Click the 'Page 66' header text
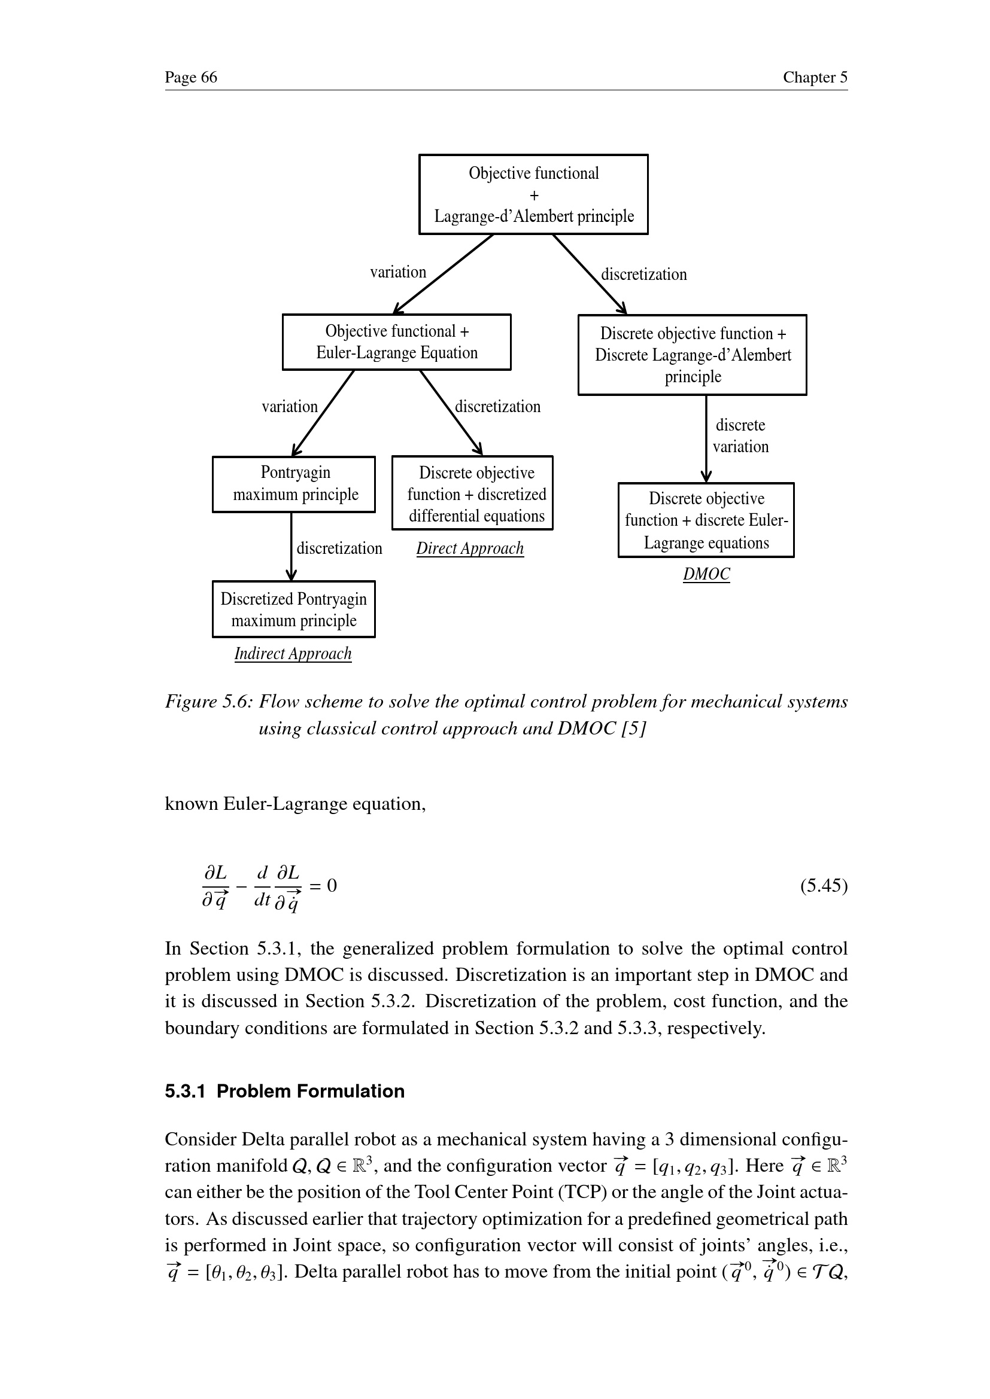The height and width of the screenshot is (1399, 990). tap(191, 77)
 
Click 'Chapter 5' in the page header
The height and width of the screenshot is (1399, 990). tap(815, 77)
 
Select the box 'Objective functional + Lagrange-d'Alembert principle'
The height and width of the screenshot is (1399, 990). tap(533, 194)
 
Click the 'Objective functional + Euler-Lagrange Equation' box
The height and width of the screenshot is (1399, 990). tap(396, 342)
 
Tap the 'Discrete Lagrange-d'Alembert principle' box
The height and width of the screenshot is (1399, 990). tap(692, 355)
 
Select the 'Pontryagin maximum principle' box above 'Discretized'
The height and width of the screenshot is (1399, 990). tap(294, 484)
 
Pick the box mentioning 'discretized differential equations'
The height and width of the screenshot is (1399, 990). tap(472, 493)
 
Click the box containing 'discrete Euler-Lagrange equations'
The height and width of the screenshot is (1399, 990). tap(706, 520)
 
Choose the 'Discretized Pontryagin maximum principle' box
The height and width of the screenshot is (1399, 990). tap(294, 609)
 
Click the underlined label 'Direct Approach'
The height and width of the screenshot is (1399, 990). tap(470, 548)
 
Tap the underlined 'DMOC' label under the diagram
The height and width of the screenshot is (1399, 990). tap(706, 574)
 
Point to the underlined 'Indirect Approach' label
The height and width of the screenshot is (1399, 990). tap(293, 654)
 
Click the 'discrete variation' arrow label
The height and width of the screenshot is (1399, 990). tap(740, 435)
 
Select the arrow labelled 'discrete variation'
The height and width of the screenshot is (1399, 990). tap(706, 438)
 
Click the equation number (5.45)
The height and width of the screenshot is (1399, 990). tap(824, 885)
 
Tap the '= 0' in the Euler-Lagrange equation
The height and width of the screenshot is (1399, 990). tap(323, 885)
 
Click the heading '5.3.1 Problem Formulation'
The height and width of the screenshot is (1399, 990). tap(285, 1091)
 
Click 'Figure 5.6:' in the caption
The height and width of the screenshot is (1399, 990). tap(208, 702)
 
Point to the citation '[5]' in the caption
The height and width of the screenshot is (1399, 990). tap(633, 729)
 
